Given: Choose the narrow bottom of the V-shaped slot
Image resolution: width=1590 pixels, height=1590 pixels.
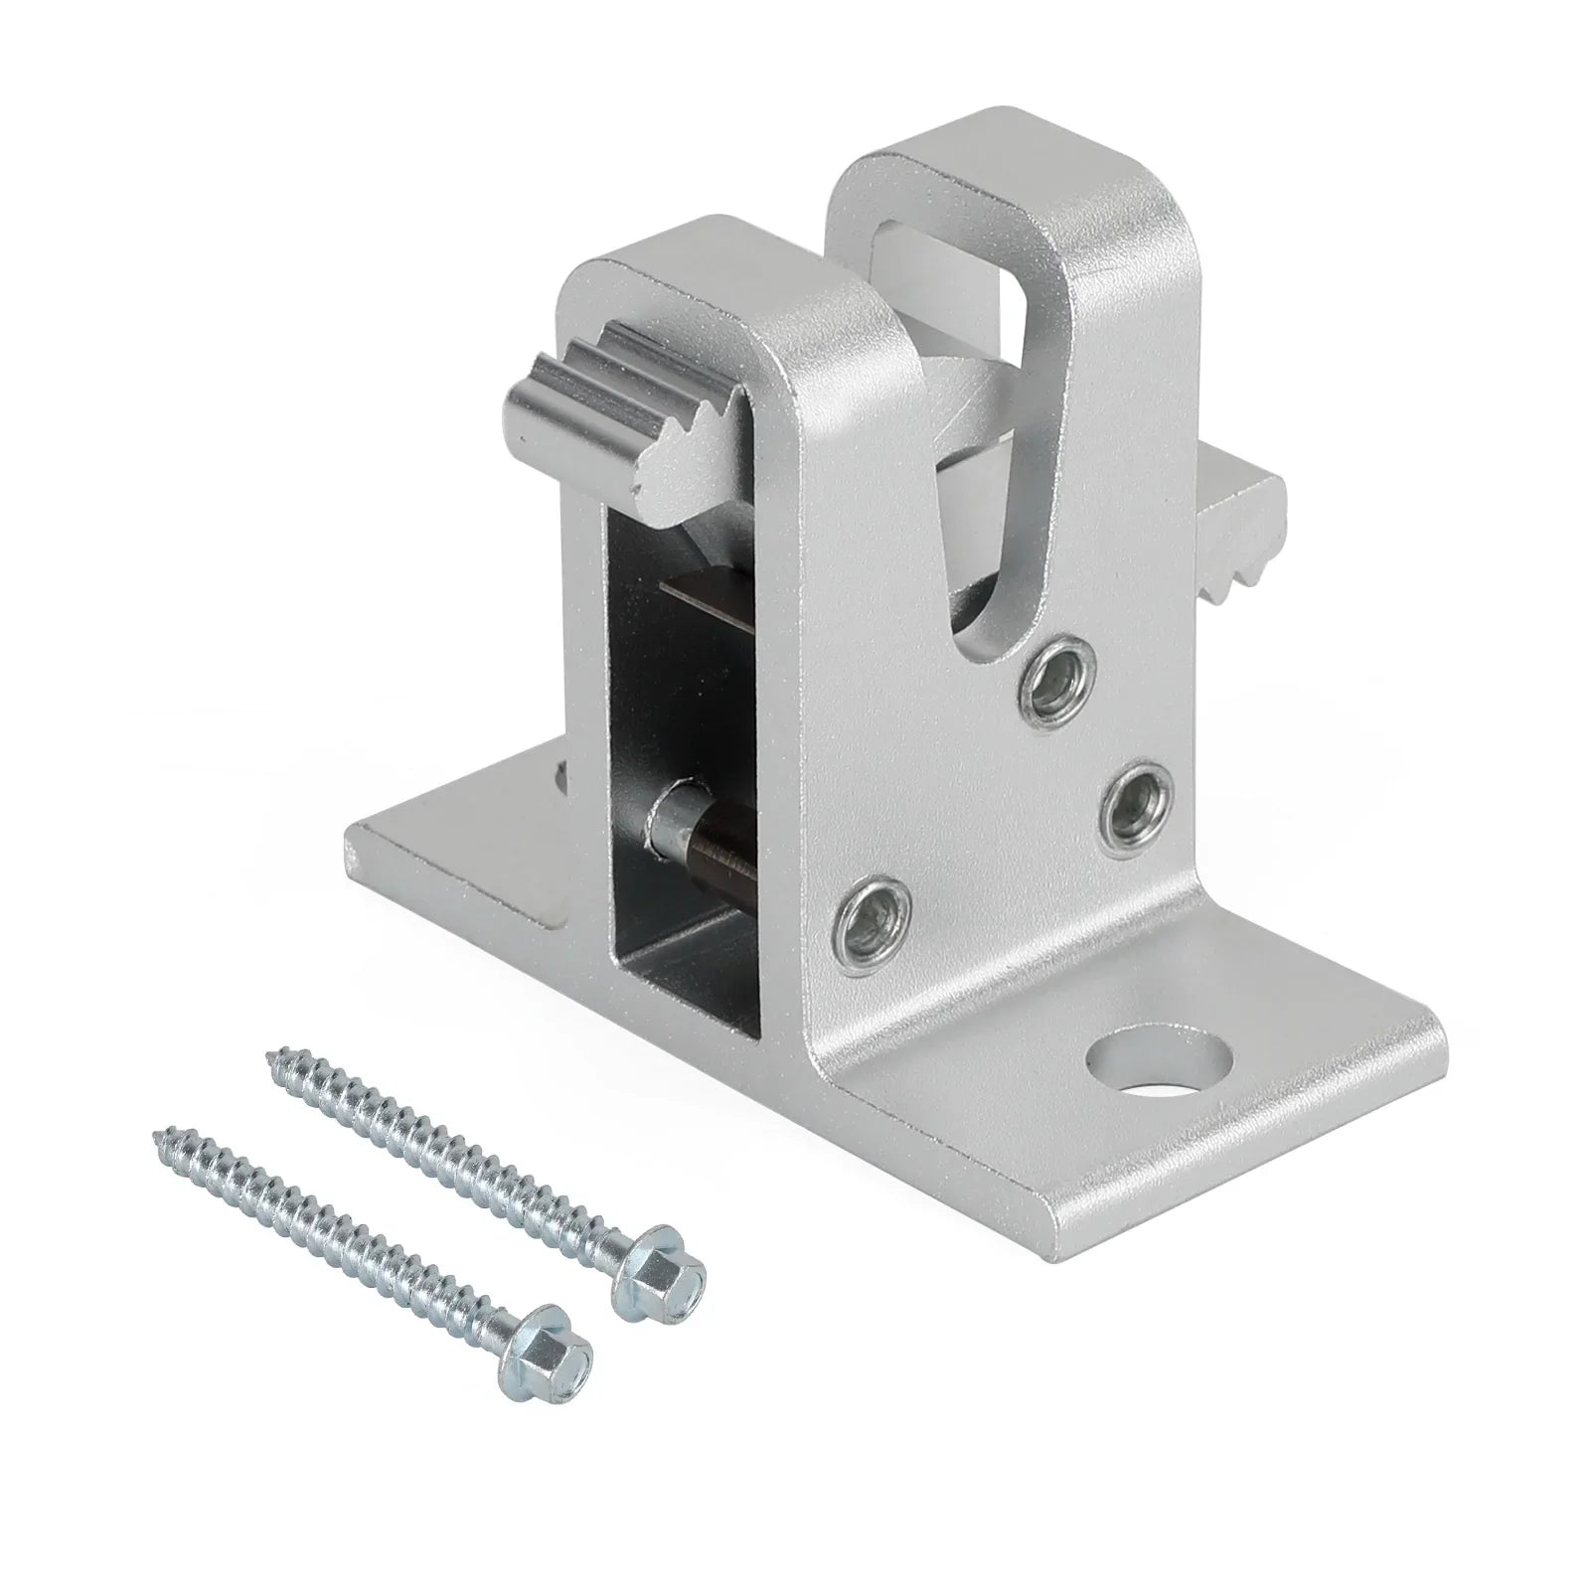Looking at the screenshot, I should tap(979, 616).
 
